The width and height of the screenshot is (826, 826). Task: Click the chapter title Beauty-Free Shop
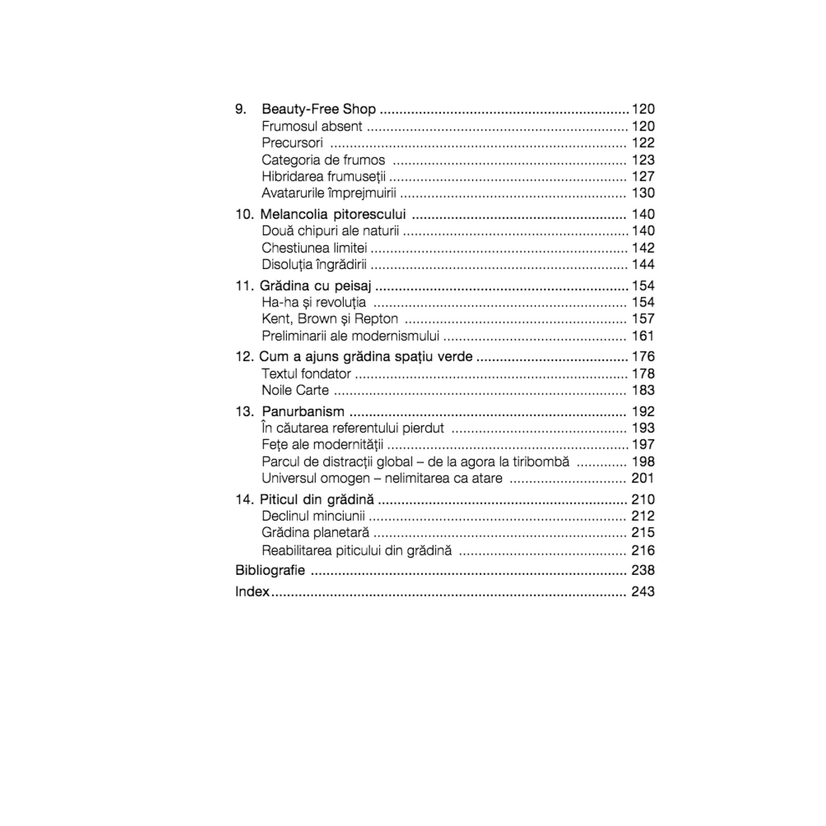point(319,109)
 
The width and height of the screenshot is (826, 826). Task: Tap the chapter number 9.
point(240,109)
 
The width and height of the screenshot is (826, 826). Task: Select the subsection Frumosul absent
point(312,126)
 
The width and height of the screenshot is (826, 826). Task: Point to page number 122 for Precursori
point(643,143)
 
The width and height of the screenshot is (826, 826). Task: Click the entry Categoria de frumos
point(323,160)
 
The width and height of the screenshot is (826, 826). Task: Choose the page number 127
point(643,176)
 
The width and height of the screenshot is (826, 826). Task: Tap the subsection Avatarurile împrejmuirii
point(329,193)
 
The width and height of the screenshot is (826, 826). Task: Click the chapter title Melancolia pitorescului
point(332,214)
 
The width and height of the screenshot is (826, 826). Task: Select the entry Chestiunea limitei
point(314,248)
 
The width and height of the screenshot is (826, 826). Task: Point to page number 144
point(643,264)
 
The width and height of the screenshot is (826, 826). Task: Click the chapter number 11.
point(244,286)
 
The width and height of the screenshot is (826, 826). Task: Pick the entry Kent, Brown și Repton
point(330,319)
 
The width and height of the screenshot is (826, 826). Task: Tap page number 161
point(643,336)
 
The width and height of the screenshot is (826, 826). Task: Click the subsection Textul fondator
point(306,374)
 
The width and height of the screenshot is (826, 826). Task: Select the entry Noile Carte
point(295,390)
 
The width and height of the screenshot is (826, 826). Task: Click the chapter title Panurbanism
point(303,412)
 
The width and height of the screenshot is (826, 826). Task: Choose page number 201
point(643,478)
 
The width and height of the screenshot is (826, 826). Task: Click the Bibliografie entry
point(270,570)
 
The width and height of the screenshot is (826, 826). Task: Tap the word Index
point(252,592)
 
